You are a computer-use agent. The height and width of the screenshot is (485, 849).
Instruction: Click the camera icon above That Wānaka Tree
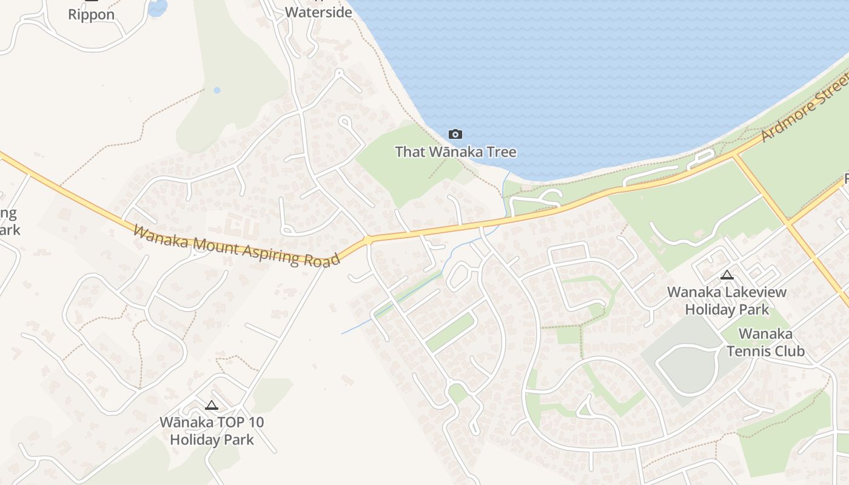pos(455,134)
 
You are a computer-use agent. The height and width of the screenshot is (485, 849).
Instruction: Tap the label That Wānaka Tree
pos(455,152)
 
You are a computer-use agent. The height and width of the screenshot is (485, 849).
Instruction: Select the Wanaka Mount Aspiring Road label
pos(236,246)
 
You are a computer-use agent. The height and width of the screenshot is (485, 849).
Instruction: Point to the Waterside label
pos(318,12)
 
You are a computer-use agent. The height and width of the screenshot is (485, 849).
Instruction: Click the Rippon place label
pos(91,15)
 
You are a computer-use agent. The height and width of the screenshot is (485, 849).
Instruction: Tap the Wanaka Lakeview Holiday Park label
pos(727,300)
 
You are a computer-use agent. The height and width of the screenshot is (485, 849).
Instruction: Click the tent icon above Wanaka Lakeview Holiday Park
pos(727,275)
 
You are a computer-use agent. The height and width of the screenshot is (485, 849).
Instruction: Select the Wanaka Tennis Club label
pos(765,343)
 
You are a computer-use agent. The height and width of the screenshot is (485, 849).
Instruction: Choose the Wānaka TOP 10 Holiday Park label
pos(212,430)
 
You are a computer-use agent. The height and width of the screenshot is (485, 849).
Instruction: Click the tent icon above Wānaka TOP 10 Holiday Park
pos(212,406)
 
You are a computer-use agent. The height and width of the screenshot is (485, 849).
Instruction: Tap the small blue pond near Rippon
pos(158,7)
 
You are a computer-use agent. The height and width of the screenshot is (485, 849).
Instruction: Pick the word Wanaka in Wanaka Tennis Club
pos(765,334)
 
